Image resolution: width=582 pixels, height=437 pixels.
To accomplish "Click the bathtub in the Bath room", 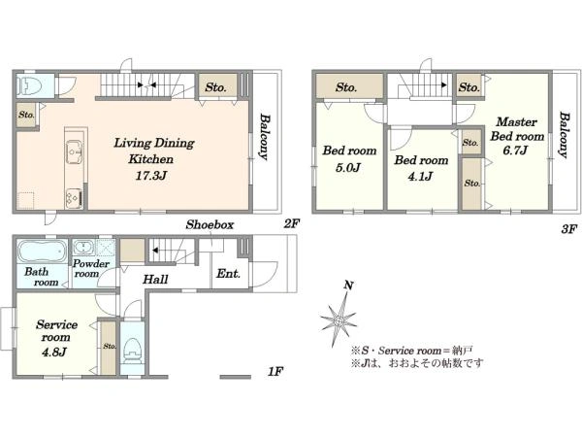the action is click(43, 251).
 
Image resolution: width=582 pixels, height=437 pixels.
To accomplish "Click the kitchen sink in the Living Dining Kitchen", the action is click(75, 151).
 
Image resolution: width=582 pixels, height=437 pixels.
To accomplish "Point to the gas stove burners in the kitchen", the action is click(74, 198).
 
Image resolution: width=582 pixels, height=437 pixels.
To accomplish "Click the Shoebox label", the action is click(210, 224).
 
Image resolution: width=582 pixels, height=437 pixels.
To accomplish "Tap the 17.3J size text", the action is click(151, 176).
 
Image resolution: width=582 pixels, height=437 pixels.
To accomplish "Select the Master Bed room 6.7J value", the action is click(516, 151).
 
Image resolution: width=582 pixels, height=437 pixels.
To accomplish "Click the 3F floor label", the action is click(569, 229).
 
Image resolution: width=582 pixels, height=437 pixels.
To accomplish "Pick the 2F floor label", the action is click(291, 223).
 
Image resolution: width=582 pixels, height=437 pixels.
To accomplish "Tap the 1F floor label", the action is click(275, 371).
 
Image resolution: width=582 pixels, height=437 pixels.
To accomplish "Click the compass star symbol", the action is click(339, 319).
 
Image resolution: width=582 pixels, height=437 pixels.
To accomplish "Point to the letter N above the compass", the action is click(348, 286).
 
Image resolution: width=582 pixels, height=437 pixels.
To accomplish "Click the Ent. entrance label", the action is click(228, 274).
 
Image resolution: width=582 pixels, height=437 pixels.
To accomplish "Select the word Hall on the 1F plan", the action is click(155, 279).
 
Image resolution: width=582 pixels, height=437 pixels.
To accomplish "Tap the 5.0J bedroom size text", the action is click(348, 168).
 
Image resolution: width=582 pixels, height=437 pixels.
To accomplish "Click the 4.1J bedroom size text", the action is click(420, 176).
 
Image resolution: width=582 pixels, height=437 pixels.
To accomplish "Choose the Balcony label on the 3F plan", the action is click(564, 135).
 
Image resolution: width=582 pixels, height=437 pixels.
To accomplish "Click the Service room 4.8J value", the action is click(54, 352).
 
